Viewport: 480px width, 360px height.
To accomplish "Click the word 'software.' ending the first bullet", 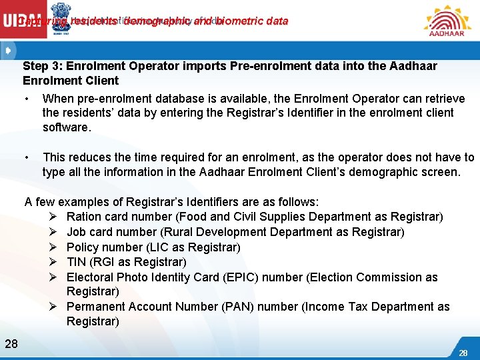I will [x=67, y=127].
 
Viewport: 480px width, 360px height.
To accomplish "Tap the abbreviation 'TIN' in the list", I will [x=77, y=262].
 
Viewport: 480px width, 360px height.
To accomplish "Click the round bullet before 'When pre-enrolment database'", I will [x=25, y=99].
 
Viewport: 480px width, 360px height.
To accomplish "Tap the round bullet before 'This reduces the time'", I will [x=25, y=157].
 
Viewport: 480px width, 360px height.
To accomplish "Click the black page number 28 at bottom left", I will [x=11, y=343].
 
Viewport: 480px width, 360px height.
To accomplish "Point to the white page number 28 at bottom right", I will [x=463, y=352].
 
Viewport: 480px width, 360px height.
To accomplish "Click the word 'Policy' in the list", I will [x=83, y=247].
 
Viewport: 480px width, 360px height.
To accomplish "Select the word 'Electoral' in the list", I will [x=90, y=277].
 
